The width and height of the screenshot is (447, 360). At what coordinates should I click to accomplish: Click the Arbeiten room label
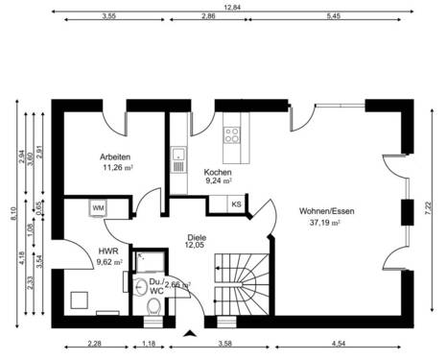click(115, 156)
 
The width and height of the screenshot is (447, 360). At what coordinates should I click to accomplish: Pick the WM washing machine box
click(98, 207)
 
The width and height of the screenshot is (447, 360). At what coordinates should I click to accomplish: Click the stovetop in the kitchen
click(231, 133)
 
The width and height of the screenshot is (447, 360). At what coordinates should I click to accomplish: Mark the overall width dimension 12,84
click(231, 7)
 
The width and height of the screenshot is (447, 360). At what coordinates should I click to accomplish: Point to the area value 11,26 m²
click(117, 167)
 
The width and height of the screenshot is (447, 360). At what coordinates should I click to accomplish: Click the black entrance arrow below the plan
click(190, 335)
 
